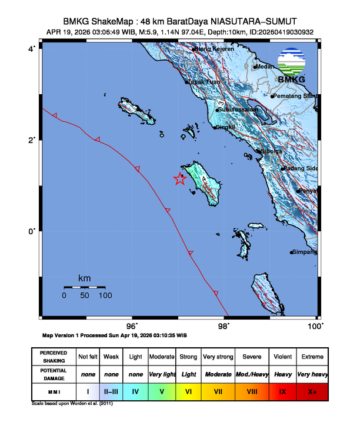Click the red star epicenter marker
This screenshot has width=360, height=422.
pos(180,180)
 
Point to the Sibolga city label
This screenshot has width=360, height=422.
pos(271,151)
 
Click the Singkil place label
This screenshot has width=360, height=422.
pos(226,127)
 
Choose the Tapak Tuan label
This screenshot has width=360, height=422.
pos(205,82)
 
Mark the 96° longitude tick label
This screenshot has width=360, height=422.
pos(132,325)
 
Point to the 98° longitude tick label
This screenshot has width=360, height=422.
pos(224,325)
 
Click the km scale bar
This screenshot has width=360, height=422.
pos(85,287)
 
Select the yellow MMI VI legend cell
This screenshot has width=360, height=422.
pos(188,390)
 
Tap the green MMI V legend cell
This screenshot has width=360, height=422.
pos(162,390)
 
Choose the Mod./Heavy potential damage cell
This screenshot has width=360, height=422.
pos(253,374)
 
